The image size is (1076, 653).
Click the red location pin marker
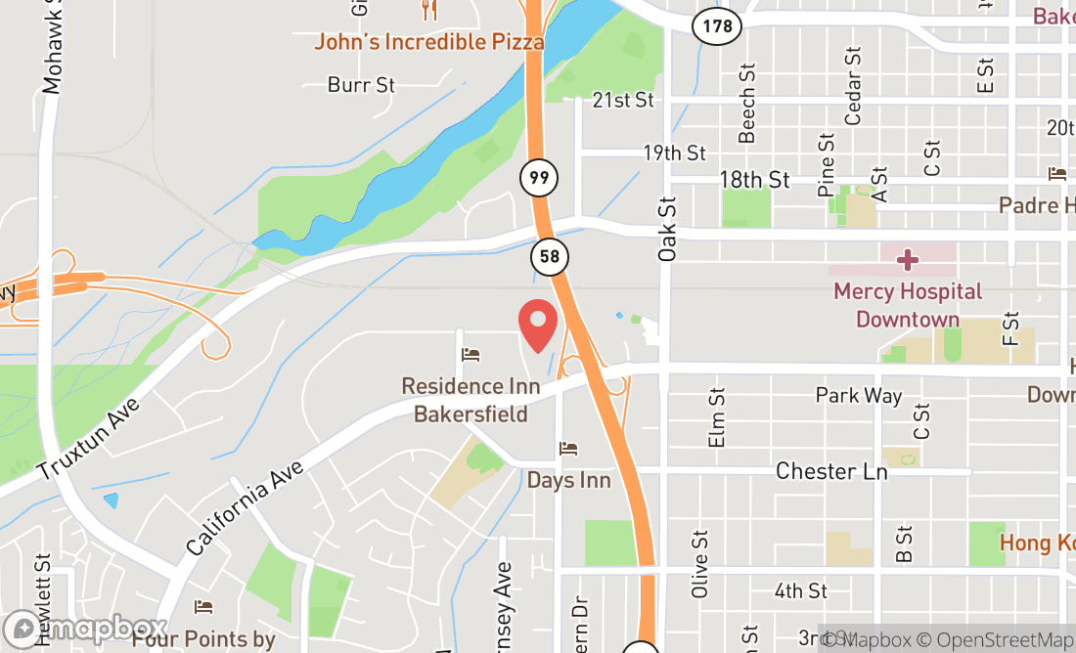click(537, 326)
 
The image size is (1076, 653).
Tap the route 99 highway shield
click(537, 178)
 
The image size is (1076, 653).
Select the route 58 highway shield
click(548, 258)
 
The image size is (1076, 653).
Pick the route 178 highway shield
click(717, 26)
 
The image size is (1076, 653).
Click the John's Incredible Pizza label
click(428, 42)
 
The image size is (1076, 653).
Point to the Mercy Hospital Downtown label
click(907, 305)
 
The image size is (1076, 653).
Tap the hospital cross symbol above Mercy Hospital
click(908, 260)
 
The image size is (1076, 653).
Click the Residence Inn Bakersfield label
click(471, 400)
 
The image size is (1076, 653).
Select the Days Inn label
click(568, 480)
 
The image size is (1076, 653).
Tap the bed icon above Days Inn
click(568, 449)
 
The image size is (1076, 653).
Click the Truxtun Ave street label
click(89, 439)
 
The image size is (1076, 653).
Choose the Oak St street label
click(667, 230)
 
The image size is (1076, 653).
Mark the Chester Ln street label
click(830, 471)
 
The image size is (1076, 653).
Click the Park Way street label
click(859, 395)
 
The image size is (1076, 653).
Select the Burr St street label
click(361, 85)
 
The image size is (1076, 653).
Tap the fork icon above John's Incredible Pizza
click(428, 11)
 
